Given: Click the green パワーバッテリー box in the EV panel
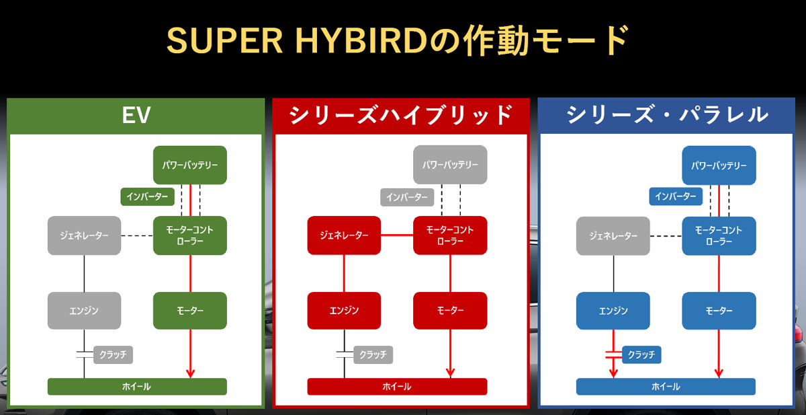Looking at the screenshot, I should point(190,165).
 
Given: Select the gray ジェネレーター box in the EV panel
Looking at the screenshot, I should point(84,235).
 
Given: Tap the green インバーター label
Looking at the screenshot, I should point(147,196).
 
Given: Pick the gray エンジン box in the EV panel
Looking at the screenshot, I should point(84,311).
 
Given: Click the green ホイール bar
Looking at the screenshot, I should point(137,387).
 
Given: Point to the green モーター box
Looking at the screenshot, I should point(190,311).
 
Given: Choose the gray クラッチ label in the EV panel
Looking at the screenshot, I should point(113,354).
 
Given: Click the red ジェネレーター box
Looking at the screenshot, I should point(344,235).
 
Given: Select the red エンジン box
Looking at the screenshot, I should point(344,311).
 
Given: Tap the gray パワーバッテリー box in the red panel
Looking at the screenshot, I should point(450,165).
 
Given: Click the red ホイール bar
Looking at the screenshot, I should point(397,387).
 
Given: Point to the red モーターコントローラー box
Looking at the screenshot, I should point(450,235).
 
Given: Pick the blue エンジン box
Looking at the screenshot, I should point(613,311).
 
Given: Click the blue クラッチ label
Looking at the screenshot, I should point(642,354).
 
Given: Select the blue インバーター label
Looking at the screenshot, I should point(676,196).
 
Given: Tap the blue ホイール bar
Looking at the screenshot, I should point(666,387).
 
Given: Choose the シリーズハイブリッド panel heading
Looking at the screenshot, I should point(401,115).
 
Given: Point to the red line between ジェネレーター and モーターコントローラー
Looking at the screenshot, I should point(397,235).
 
